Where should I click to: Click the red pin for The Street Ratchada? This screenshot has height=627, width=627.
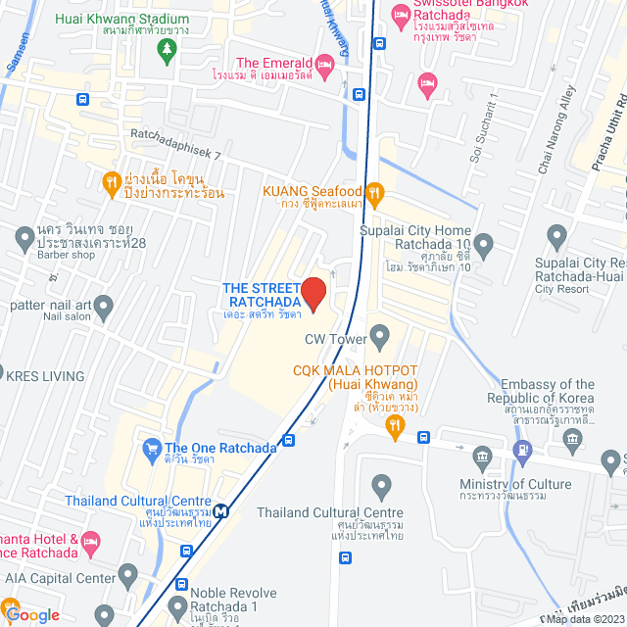[313, 293]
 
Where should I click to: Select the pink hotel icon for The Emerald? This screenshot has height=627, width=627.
[326, 65]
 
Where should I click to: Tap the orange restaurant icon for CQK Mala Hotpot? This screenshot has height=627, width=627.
[395, 425]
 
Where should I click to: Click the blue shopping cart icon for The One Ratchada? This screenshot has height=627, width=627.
[151, 449]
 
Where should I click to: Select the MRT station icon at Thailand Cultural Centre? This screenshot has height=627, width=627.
[224, 509]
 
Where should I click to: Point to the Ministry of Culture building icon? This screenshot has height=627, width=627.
[481, 457]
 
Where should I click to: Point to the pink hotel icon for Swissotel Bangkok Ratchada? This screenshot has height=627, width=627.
[400, 16]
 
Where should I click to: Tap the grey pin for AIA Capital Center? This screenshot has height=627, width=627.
[126, 574]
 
